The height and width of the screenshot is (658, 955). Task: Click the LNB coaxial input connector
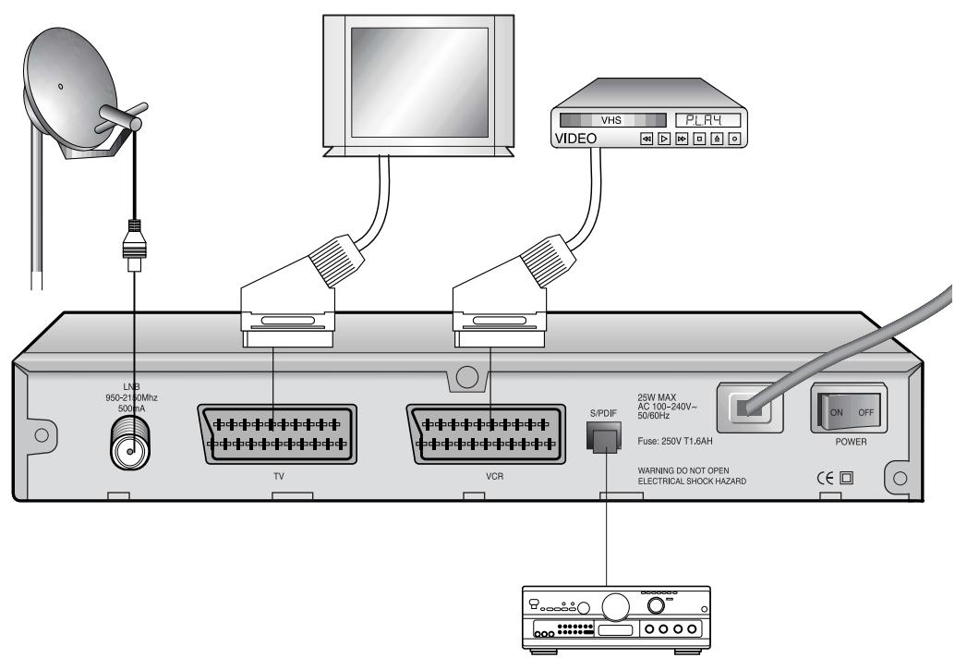coord(129,450)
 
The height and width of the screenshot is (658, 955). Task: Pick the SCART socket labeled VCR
coord(488,433)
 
